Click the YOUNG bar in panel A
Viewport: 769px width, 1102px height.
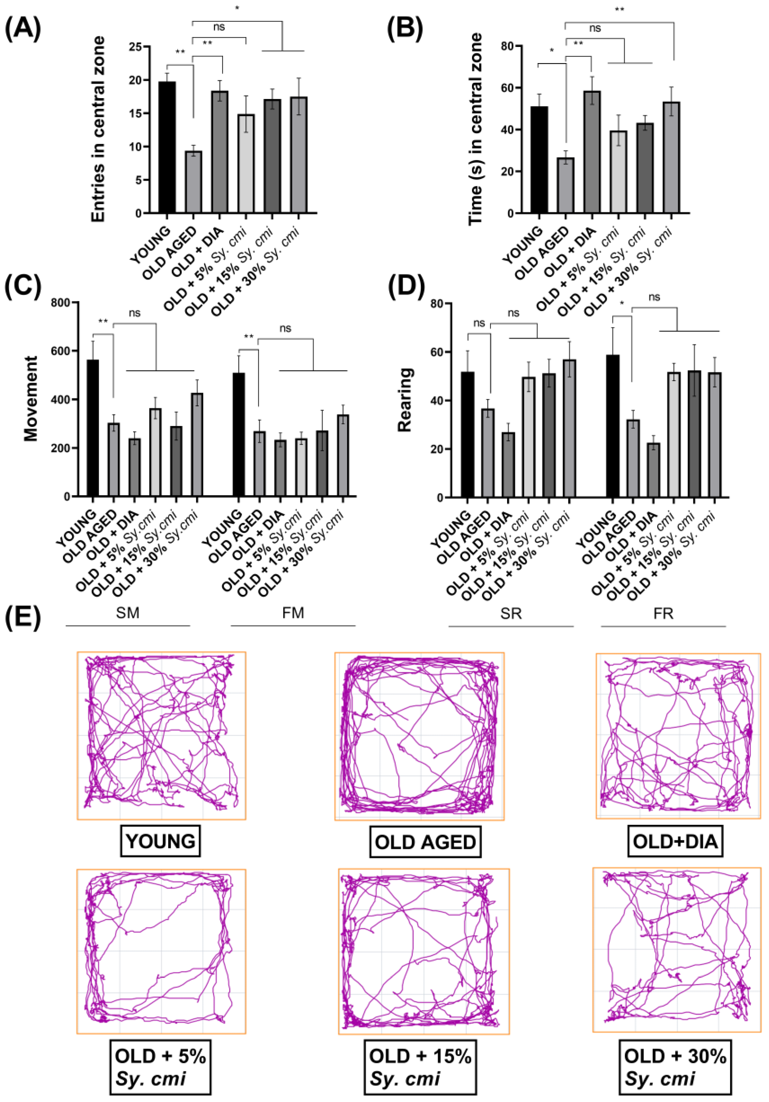[167, 147]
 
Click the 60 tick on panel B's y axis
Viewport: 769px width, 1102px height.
[508, 88]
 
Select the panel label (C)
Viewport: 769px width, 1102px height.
[22, 287]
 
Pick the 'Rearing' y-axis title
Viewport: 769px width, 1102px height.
[405, 400]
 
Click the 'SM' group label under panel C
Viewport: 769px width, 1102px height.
[128, 613]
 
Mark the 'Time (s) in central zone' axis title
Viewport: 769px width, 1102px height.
[475, 129]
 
